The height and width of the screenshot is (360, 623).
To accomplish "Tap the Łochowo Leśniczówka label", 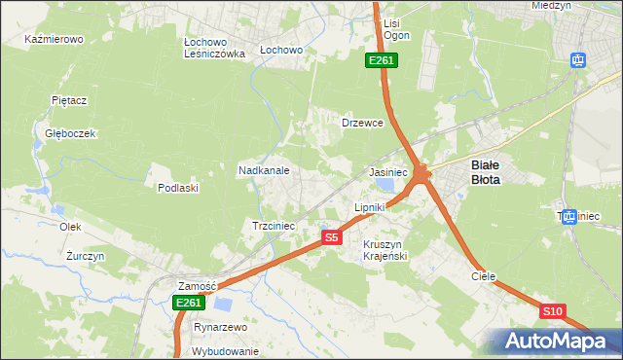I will pos(213,49).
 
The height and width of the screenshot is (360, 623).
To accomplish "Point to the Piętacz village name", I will pos(70,100).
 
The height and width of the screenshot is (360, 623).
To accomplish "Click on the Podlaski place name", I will pos(178,188).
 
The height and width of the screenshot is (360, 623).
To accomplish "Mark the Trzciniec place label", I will pos(274,225).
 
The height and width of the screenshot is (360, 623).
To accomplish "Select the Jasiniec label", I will pos(387,171).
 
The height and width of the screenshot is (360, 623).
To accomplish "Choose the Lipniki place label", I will pos(370,207).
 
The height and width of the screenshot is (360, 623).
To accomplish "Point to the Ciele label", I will pos(484,276).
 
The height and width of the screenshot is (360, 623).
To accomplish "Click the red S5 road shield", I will pos(332,237).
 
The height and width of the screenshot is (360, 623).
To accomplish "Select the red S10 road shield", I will pos(552,311).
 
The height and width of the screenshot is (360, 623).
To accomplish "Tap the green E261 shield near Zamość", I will pos(189,304).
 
